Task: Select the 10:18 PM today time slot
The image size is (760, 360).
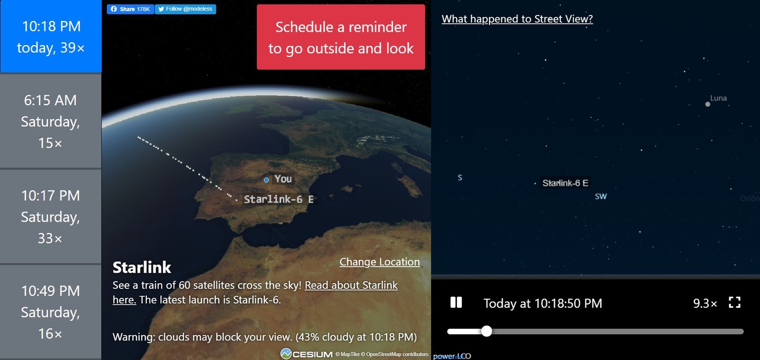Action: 51,36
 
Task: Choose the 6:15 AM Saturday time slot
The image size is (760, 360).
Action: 51,121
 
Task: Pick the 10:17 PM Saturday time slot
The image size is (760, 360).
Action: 51,216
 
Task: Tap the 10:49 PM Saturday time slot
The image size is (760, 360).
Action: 51,312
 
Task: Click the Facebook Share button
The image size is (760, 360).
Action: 130,9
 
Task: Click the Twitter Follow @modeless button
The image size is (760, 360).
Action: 185,9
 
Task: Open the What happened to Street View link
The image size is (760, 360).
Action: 517,19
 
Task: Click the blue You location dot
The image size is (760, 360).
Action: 267,180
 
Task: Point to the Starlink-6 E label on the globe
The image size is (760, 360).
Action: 278,199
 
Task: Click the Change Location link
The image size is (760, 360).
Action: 379,262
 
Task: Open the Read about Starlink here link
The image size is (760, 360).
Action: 255,292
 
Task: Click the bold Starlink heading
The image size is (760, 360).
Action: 142,268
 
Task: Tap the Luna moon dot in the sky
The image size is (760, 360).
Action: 707,104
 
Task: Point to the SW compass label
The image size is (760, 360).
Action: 600,196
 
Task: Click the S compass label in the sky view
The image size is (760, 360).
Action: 460,177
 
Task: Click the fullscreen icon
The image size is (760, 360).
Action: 734,302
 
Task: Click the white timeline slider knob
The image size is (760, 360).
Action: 486,331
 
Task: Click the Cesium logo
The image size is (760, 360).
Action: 307,354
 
